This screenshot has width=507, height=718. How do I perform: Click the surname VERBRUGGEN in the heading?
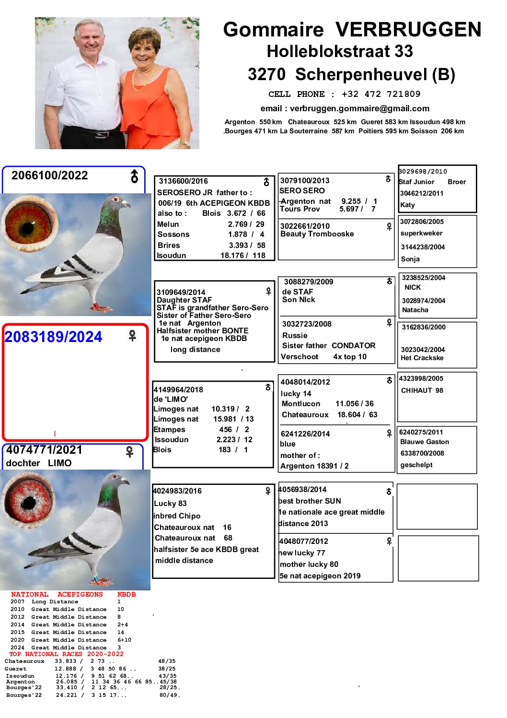408,30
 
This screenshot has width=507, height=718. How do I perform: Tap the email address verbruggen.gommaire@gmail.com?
359,108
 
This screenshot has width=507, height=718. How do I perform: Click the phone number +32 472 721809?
380,94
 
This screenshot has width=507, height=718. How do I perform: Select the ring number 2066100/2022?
50,176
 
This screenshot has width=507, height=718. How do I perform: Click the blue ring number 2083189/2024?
53,337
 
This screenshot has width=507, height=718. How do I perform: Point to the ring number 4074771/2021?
44,450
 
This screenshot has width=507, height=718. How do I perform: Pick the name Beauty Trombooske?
317,234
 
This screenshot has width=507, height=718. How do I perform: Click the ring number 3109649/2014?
181,292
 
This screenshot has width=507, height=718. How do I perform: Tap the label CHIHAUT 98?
422,390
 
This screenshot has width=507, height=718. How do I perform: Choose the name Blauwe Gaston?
425,442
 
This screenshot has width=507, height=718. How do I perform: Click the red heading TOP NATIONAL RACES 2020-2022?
66,654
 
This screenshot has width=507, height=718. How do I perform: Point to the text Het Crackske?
422,358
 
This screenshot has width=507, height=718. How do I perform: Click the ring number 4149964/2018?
178,389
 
